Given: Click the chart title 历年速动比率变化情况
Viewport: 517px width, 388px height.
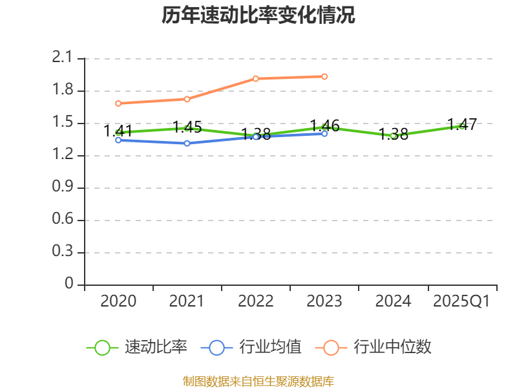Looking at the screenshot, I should [x=258, y=16].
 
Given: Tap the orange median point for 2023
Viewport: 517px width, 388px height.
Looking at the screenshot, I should [x=324, y=76].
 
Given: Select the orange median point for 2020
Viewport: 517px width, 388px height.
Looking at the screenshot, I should [x=118, y=103].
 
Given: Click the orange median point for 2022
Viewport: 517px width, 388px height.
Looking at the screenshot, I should [x=256, y=79].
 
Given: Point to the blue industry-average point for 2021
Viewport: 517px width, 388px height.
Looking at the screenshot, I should [x=187, y=143].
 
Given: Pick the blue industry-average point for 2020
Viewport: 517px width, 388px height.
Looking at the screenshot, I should [x=118, y=140].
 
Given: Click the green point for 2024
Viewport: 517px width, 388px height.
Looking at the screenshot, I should [x=393, y=136].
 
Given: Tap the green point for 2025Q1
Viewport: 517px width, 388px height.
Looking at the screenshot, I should [x=461, y=125].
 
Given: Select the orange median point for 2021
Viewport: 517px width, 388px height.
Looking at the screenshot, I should [x=187, y=99].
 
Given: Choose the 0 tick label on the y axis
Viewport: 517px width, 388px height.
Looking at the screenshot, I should [x=70, y=285].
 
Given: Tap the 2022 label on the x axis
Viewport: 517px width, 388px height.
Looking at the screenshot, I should [x=256, y=301].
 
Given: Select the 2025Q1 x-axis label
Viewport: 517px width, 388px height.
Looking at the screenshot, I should [x=461, y=301].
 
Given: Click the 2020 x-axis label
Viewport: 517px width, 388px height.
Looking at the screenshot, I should [x=118, y=301].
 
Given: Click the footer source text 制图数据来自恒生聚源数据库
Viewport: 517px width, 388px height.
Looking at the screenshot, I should [x=258, y=381].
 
